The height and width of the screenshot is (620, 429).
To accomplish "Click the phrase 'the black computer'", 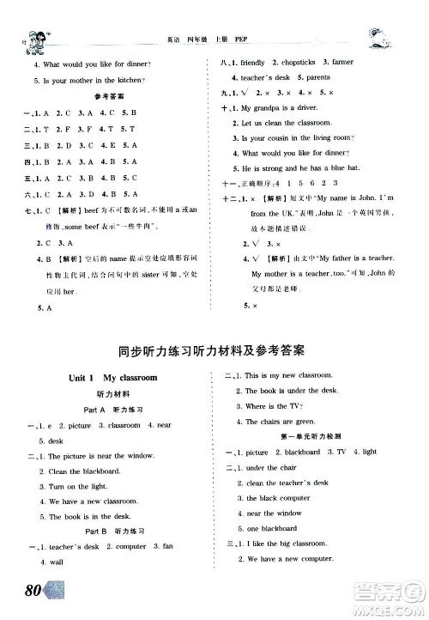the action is coord(278,497).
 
